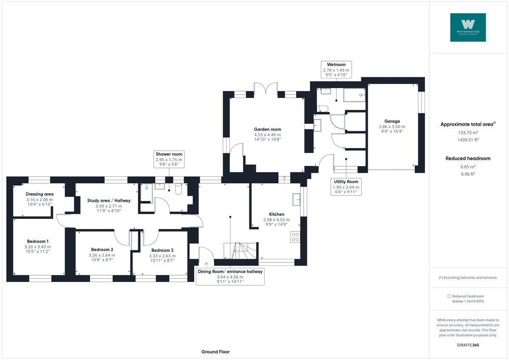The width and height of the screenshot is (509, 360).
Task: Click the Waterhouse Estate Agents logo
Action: (468, 27)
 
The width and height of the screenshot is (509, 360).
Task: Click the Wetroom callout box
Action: (336, 70)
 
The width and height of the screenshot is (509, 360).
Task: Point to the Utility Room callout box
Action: (346, 187)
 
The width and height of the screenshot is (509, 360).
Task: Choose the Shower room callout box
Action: (168, 159)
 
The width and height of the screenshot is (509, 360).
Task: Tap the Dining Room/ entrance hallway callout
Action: (230, 276)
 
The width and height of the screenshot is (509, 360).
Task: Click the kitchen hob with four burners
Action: (295, 237)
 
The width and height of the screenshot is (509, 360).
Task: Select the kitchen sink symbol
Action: (296, 198)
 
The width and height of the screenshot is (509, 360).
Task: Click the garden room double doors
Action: (266, 89)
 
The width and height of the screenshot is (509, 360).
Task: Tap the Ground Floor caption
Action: (216, 352)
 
